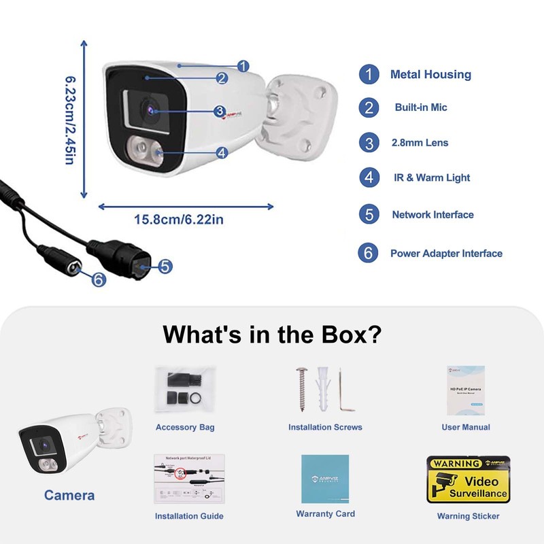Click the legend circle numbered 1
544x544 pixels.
[x=369, y=74]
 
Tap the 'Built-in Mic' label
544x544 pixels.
[x=421, y=107]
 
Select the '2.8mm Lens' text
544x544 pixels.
[x=420, y=143]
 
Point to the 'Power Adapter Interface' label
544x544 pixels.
[x=446, y=254]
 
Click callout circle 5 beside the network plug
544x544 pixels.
[x=165, y=267]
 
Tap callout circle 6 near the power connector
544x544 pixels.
[x=98, y=279]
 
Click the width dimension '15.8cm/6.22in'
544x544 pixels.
[x=179, y=220]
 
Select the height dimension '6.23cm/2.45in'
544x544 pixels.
[x=69, y=120]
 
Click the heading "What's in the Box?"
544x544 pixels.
[x=271, y=335]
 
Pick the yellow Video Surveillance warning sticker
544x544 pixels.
[x=468, y=480]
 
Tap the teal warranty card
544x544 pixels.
[x=325, y=479]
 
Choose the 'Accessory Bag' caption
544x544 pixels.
[x=185, y=427]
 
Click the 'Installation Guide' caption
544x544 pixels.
[x=189, y=516]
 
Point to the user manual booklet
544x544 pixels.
[x=466, y=390]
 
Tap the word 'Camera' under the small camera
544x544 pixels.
[x=69, y=495]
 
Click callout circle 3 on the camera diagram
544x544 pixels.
[x=219, y=111]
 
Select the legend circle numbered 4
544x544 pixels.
[x=369, y=177]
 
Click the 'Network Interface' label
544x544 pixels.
[x=432, y=215]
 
